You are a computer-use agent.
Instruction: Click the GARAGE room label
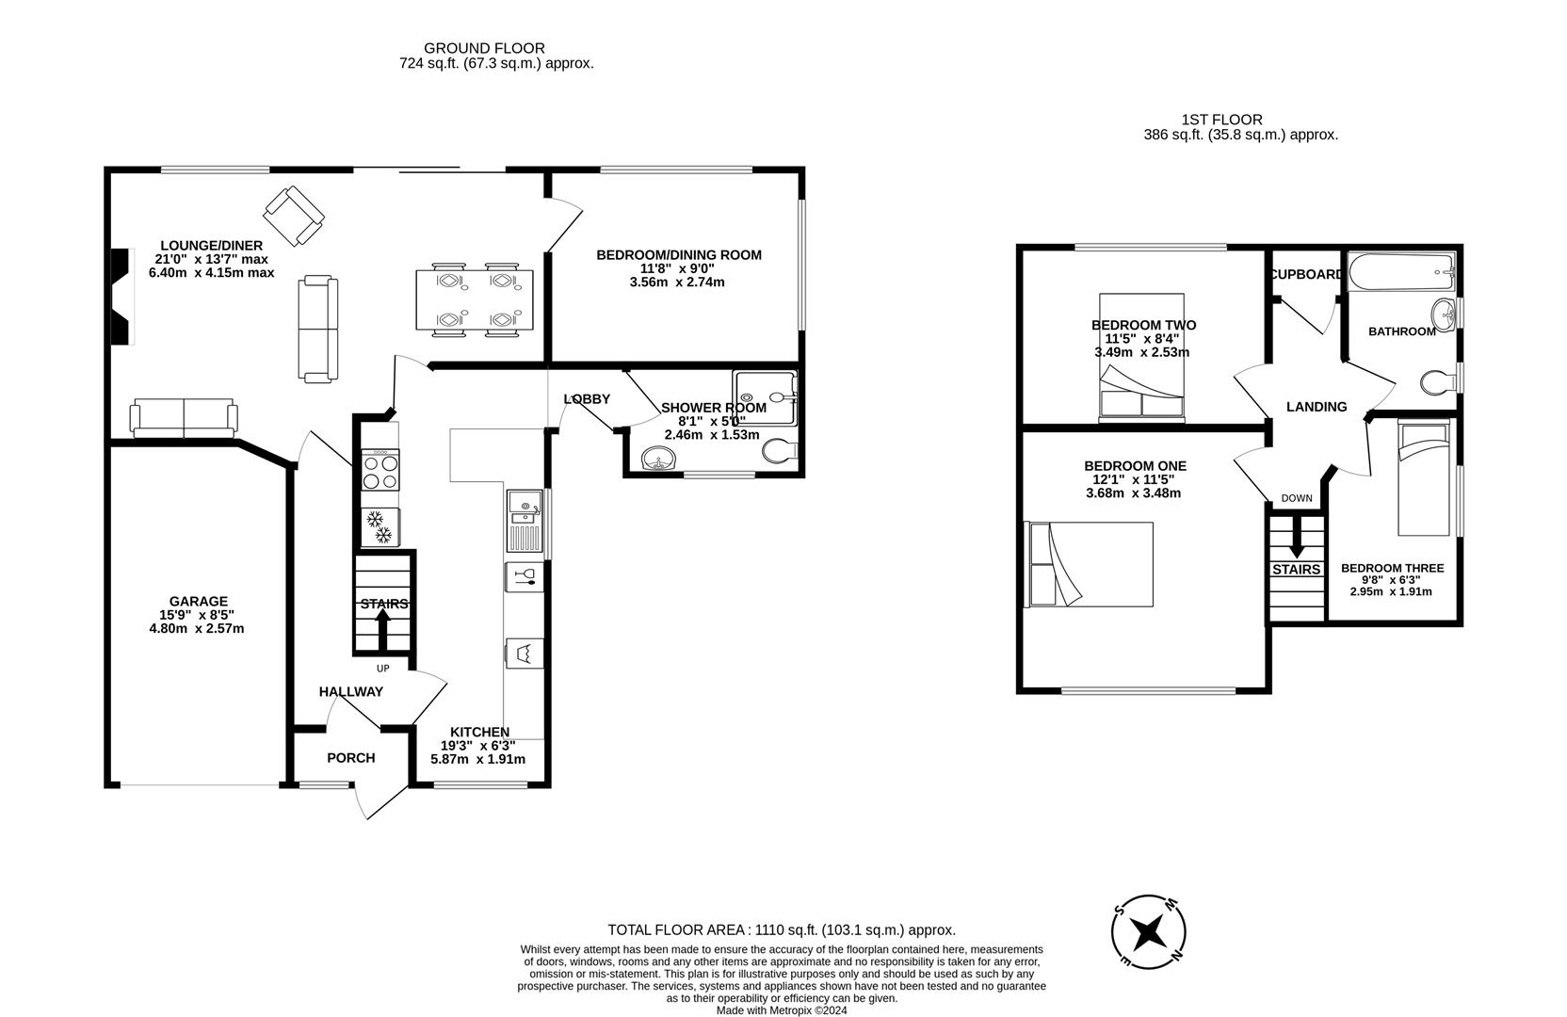coord(199,601)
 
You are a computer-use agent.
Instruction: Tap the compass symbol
coord(1149,931)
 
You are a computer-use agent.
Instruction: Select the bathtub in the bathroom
coord(1402,271)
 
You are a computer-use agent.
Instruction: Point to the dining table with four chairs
coord(475,300)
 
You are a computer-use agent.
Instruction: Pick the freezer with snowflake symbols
coord(380,526)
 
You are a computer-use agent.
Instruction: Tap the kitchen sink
coord(524,521)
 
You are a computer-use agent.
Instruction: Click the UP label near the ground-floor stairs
coord(382,668)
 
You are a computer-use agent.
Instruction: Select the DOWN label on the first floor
coord(1297,498)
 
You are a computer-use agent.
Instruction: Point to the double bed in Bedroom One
coord(1089,564)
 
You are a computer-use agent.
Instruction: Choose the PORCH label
coord(351,757)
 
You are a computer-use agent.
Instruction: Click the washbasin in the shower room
coord(659,459)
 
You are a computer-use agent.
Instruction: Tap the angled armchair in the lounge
coord(294,216)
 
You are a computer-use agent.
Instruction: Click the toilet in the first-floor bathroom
coord(1438,382)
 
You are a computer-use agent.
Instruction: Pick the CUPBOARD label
coord(1307,274)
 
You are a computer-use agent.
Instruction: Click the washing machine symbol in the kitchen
coord(524,654)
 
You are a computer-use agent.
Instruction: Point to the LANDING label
coord(1317,407)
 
